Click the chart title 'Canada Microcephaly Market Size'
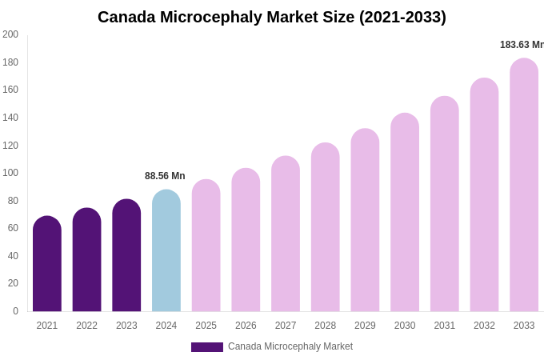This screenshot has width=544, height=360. (272, 17)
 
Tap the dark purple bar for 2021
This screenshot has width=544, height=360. (47, 264)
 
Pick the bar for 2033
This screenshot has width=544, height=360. (524, 185)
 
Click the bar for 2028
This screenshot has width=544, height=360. (326, 227)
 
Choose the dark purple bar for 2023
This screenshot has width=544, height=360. (126, 255)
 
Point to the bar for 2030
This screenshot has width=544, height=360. (405, 212)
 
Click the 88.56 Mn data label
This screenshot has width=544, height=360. (165, 176)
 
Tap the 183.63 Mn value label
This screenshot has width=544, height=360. (521, 45)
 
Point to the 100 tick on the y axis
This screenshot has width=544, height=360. (10, 173)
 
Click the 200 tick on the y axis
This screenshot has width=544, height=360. (10, 34)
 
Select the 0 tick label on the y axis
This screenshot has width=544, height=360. (14, 311)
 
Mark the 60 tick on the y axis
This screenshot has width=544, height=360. (13, 228)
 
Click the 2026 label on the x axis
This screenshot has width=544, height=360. (246, 326)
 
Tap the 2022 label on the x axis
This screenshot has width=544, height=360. (86, 326)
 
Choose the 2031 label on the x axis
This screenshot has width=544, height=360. (445, 326)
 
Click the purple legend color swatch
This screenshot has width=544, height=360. (207, 347)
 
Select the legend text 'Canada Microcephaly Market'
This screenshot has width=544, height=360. (290, 346)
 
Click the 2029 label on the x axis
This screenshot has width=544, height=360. (365, 326)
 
